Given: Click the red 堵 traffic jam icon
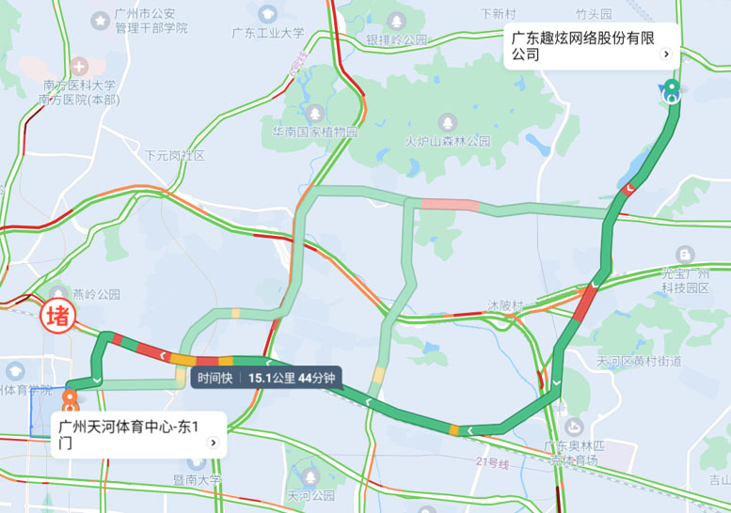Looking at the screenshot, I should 57,314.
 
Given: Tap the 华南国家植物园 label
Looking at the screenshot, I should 315,132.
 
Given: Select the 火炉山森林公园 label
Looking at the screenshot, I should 448,141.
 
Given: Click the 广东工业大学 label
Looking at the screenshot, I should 268,33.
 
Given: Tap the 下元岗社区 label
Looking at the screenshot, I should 174,155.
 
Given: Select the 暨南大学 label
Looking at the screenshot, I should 197,479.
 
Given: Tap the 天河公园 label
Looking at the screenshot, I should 311,494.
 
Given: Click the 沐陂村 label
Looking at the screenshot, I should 505,306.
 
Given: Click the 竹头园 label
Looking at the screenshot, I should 594,14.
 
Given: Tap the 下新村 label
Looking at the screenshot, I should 498,14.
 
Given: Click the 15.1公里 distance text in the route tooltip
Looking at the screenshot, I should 271,378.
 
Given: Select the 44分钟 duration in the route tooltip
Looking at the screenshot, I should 315,378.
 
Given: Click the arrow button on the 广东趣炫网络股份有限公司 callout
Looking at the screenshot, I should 666,54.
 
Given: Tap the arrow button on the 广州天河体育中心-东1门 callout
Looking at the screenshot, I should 214,443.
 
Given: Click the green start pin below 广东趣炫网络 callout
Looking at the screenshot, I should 672,89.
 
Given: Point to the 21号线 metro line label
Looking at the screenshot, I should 491,462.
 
